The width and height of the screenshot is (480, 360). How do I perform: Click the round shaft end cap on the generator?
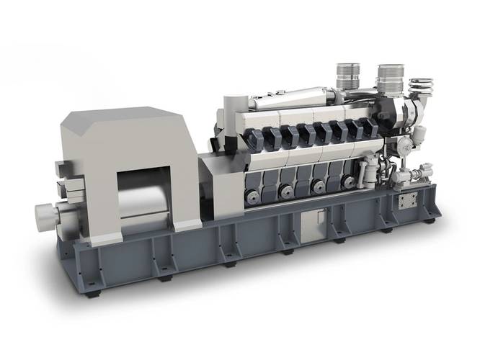[x=45, y=213]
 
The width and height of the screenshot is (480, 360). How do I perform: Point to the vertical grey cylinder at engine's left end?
[x=231, y=115]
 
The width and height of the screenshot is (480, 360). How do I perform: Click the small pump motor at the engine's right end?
[x=418, y=174]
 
